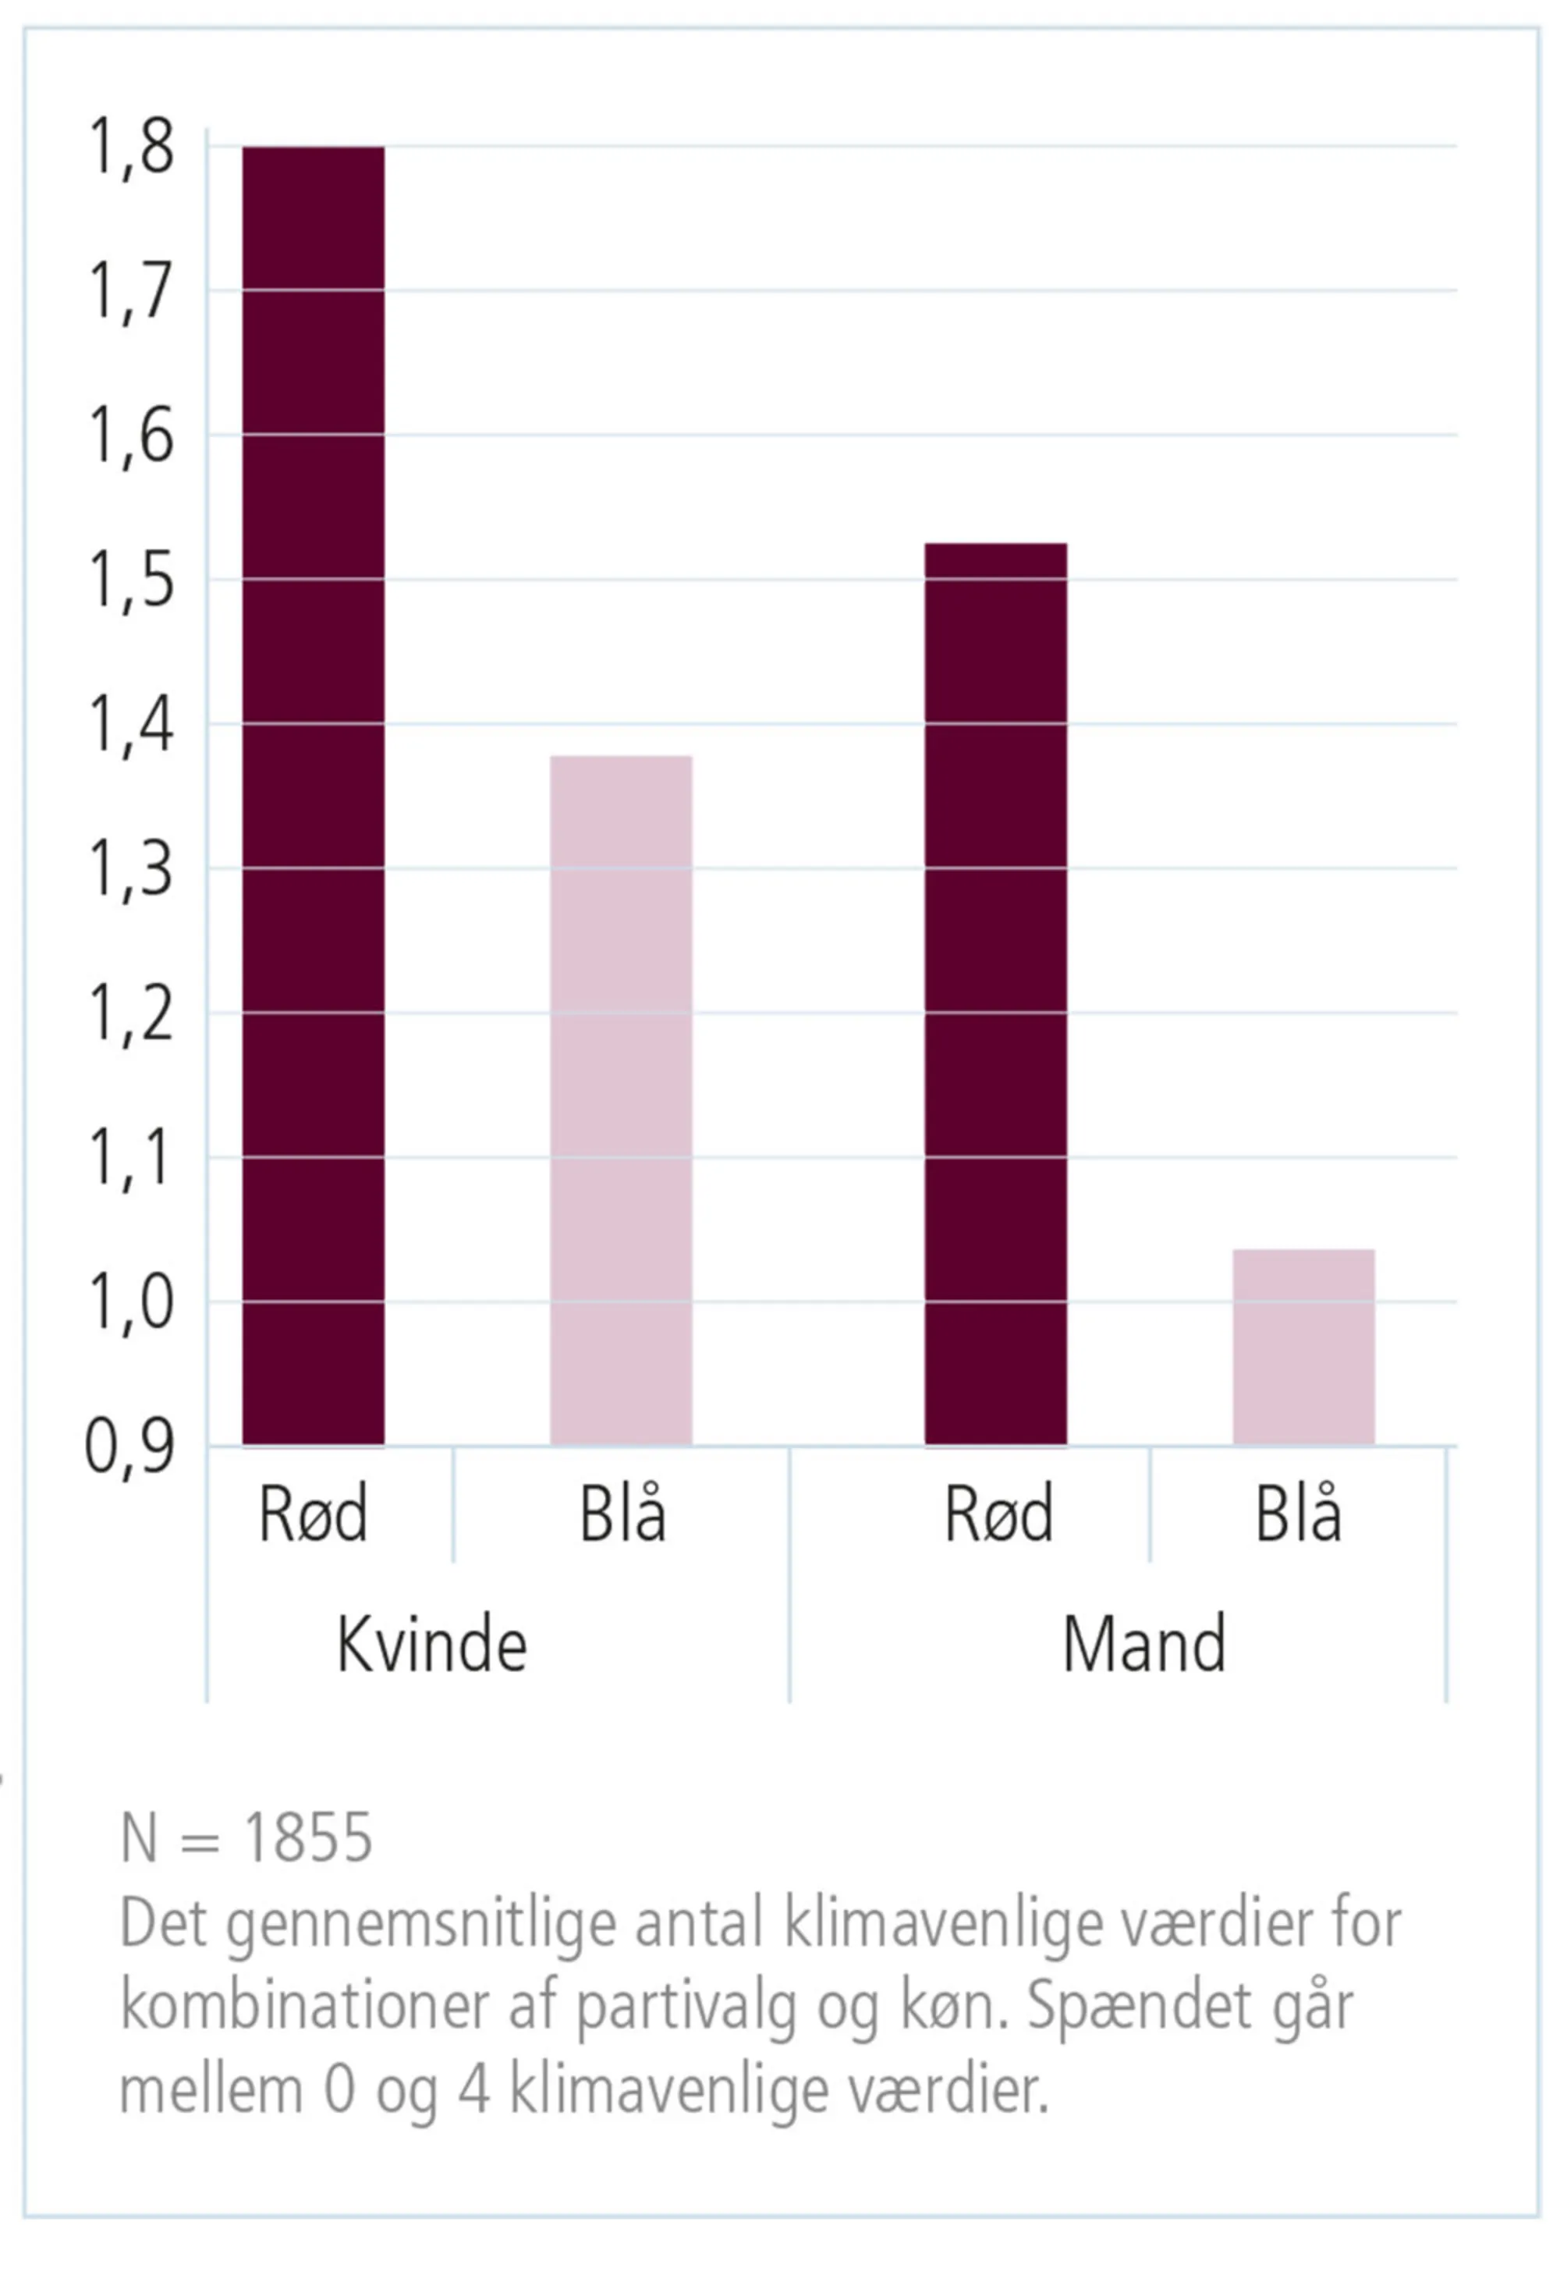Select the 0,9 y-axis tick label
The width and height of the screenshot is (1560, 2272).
[130, 1447]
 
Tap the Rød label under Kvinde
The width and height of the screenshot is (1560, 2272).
[313, 1514]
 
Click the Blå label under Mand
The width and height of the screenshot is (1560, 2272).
[1298, 1514]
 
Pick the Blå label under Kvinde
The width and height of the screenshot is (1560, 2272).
[622, 1514]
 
